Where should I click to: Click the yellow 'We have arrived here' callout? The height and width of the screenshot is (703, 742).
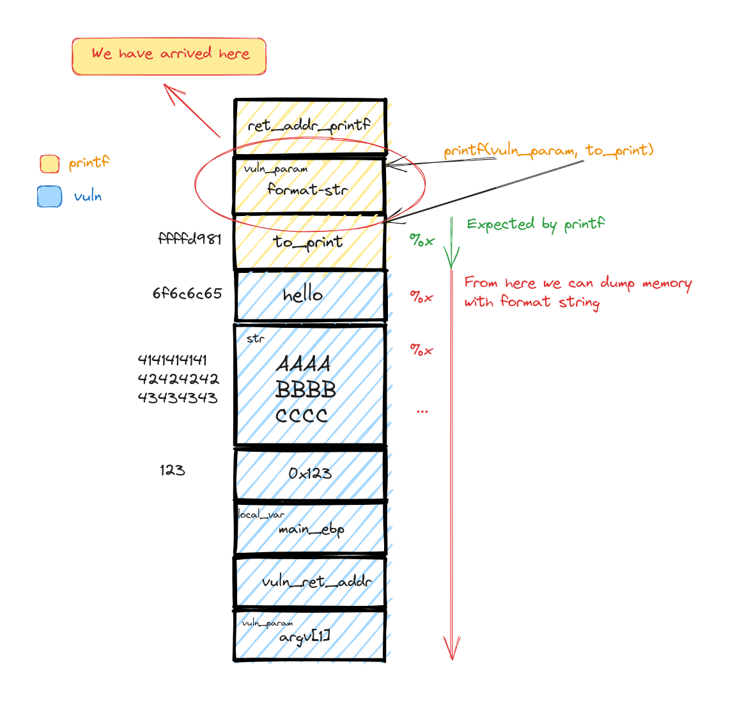pyautogui.click(x=169, y=56)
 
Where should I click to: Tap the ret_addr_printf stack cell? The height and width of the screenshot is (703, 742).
pyautogui.click(x=310, y=126)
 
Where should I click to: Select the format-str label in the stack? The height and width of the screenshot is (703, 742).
pyautogui.click(x=307, y=189)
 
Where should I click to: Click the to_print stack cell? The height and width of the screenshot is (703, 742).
pyautogui.click(x=309, y=242)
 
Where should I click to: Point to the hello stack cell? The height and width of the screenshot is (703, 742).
pyautogui.click(x=310, y=295)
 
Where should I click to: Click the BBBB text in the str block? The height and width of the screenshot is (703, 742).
pyautogui.click(x=305, y=389)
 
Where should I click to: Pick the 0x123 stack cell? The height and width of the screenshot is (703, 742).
pyautogui.click(x=310, y=474)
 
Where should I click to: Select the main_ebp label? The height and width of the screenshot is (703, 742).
pyautogui.click(x=311, y=530)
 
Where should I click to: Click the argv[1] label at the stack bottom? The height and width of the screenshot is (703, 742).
pyautogui.click(x=305, y=637)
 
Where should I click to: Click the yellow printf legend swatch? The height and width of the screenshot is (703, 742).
pyautogui.click(x=49, y=164)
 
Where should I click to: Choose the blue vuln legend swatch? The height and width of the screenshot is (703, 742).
pyautogui.click(x=49, y=196)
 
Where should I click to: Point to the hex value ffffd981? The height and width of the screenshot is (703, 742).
pyautogui.click(x=190, y=239)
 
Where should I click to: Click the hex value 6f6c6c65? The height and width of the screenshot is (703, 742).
pyautogui.click(x=187, y=294)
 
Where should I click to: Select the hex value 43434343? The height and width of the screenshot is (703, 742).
pyautogui.click(x=178, y=398)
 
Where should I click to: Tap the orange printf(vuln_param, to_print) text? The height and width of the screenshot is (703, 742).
pyautogui.click(x=548, y=151)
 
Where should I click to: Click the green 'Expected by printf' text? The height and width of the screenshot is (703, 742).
pyautogui.click(x=536, y=224)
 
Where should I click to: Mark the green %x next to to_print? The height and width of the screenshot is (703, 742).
pyautogui.click(x=422, y=241)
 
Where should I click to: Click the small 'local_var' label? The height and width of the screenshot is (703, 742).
pyautogui.click(x=261, y=514)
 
